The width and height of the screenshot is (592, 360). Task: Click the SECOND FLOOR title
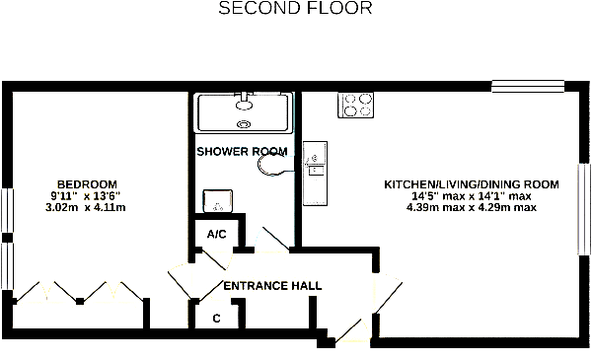[x=296, y=8]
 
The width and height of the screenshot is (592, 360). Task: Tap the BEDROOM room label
[x=87, y=184]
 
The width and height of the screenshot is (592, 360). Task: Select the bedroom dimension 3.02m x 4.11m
[x=86, y=207]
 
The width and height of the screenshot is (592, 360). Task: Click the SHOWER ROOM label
[x=242, y=151]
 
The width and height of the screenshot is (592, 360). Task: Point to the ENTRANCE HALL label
[x=272, y=286]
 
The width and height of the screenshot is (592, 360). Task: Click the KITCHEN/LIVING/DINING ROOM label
[x=472, y=184]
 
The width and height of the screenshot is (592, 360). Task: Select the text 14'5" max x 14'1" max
[x=472, y=196]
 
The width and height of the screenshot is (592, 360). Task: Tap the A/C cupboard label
[x=217, y=235]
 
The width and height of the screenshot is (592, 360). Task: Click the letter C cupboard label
[x=216, y=319]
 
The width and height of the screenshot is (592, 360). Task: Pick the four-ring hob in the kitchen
[x=355, y=105]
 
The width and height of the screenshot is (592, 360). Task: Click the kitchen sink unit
[x=316, y=174]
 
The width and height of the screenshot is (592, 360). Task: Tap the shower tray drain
[x=244, y=123]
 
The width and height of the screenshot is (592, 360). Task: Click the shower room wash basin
[x=218, y=201]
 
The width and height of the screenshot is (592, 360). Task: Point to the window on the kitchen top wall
[x=528, y=87]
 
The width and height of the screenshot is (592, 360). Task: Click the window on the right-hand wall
[x=584, y=209]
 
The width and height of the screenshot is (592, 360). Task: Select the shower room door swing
[x=273, y=239]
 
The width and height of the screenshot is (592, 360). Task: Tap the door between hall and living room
[x=388, y=292]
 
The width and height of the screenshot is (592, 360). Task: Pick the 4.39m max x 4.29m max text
[x=472, y=207]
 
